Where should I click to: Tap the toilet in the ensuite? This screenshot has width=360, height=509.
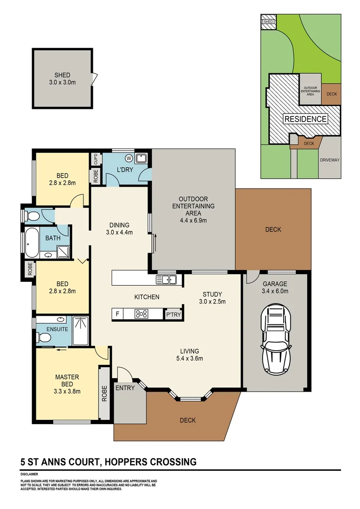[x=44, y=337]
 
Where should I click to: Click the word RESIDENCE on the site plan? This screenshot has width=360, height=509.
[x=305, y=119]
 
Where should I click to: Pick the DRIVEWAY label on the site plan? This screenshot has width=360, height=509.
[x=329, y=160]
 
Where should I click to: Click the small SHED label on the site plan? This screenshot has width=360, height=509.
[x=268, y=22]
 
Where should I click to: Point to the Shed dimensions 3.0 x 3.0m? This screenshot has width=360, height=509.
[x=63, y=82]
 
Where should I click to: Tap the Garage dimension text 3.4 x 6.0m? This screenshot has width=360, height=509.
[x=275, y=291]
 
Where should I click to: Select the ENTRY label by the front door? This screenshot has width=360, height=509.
[x=125, y=388]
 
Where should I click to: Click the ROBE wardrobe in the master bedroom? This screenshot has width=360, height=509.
[x=104, y=393]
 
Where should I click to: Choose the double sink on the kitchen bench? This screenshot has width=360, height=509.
[x=166, y=280]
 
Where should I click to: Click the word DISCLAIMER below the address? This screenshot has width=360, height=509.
[x=29, y=474]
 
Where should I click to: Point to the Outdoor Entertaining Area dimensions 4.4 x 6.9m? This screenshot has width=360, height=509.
[x=193, y=220]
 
